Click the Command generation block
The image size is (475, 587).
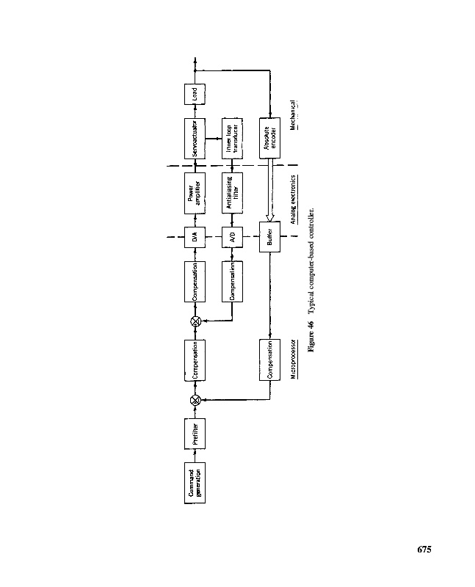click(x=195, y=484)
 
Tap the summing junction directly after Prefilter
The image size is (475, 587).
click(x=195, y=400)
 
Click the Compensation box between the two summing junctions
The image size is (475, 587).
click(x=195, y=360)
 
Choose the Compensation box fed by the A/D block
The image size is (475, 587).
click(x=232, y=280)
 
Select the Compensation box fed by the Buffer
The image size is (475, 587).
click(x=270, y=360)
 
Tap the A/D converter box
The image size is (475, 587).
click(x=232, y=236)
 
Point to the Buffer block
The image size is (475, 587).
click(x=270, y=236)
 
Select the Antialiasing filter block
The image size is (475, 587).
click(x=232, y=192)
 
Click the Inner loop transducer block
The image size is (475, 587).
click(x=232, y=138)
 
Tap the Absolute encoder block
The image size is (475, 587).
click(x=270, y=138)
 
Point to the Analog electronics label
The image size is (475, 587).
click(x=293, y=199)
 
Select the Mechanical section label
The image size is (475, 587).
click(x=293, y=116)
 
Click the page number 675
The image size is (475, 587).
click(x=424, y=550)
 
